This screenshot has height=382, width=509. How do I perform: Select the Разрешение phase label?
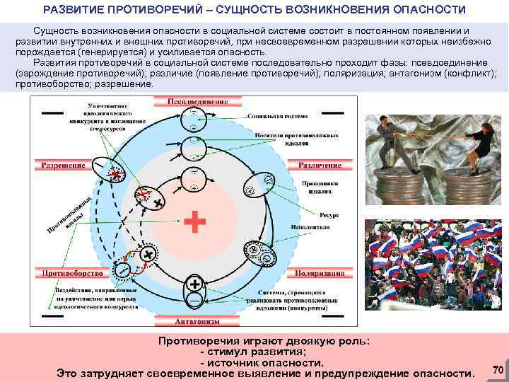tap(63, 166)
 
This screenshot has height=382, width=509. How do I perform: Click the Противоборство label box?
tap(65, 273)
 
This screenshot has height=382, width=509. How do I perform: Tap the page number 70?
tap(497, 369)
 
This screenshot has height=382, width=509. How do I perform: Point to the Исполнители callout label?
tap(310, 228)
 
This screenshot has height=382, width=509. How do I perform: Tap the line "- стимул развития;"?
tap(255, 352)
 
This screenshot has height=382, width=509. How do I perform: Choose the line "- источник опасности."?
tap(257, 362)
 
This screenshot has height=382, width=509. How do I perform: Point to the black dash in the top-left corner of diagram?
tap(51, 113)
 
